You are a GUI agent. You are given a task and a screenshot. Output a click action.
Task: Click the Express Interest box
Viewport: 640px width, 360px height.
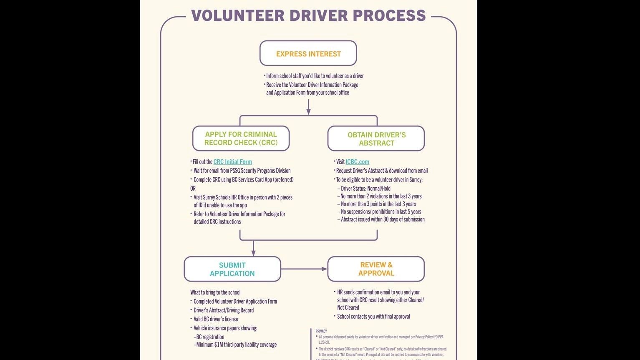(x=308, y=53)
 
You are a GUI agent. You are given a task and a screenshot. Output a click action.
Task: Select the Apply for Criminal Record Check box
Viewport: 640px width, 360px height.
(x=241, y=138)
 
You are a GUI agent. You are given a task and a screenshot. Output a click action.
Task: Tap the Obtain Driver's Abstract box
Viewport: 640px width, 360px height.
(x=376, y=138)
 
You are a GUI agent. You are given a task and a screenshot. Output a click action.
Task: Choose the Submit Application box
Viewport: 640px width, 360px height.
(x=232, y=269)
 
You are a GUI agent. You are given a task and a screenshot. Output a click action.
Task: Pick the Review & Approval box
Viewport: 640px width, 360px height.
(x=376, y=269)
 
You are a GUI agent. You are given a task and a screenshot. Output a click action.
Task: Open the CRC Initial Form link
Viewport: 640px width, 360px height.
(x=232, y=162)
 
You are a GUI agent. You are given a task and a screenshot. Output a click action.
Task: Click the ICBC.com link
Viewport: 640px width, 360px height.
(x=357, y=162)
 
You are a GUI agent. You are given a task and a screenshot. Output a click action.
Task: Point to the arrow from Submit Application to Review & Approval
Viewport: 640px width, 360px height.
(x=304, y=269)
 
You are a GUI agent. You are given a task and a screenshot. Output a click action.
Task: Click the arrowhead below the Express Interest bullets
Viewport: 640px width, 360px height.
(x=308, y=111)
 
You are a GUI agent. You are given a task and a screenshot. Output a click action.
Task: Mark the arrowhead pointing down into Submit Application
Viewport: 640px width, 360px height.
(x=253, y=253)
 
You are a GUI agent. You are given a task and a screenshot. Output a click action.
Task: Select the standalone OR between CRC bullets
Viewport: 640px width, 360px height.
(x=193, y=189)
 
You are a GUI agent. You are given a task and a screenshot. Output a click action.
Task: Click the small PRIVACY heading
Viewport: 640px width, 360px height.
(x=321, y=331)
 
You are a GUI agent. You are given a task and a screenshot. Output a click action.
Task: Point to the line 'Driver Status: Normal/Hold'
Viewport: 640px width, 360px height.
(x=365, y=189)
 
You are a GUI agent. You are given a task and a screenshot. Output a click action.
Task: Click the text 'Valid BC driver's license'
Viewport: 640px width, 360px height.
(x=216, y=319)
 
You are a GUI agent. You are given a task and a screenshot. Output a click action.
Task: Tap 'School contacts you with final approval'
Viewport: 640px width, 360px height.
(x=373, y=317)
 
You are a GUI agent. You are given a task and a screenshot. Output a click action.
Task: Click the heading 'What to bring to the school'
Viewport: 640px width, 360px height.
(x=215, y=292)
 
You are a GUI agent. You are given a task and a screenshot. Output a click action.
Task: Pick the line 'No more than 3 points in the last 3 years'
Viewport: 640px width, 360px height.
(x=378, y=204)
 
